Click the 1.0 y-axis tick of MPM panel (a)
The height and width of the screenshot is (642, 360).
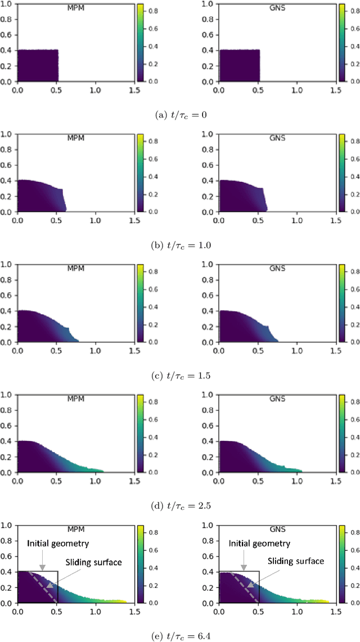(8, 3)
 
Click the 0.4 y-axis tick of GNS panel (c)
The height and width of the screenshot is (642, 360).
(210, 311)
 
